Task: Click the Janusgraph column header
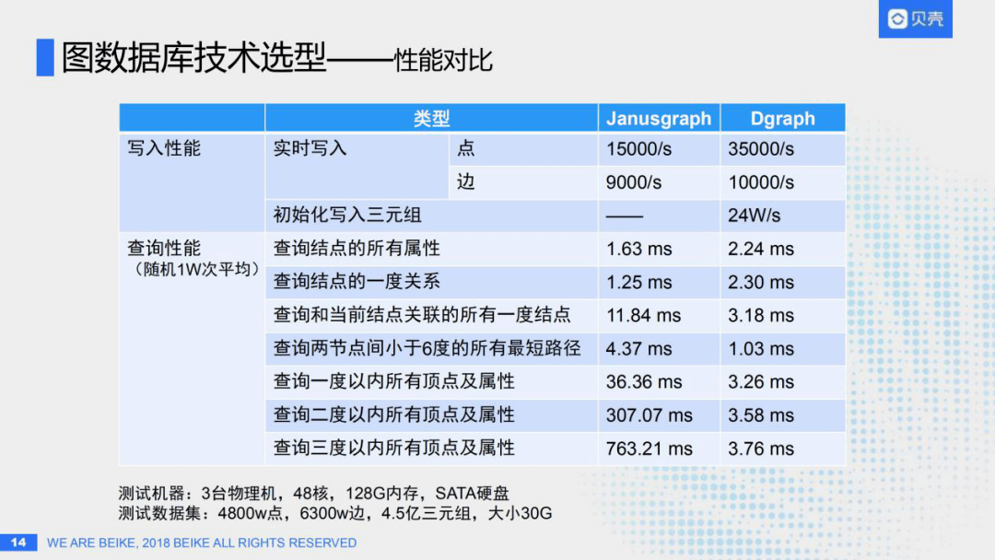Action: click(659, 118)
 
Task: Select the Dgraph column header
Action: click(783, 118)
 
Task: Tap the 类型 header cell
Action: click(431, 118)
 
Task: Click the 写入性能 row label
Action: click(164, 148)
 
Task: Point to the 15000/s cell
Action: click(638, 149)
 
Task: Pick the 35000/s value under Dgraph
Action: click(761, 149)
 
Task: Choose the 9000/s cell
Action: click(634, 182)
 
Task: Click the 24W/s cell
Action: click(754, 216)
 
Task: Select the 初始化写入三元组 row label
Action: click(347, 216)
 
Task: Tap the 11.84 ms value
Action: click(643, 315)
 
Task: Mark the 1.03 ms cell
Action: click(761, 349)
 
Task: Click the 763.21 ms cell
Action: click(649, 449)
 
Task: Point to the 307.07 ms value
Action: click(649, 415)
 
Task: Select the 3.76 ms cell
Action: click(761, 449)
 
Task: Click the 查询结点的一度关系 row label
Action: click(357, 282)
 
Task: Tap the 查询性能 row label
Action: click(164, 249)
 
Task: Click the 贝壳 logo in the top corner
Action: click(915, 19)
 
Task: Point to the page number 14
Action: click(18, 542)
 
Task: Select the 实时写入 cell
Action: click(310, 148)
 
